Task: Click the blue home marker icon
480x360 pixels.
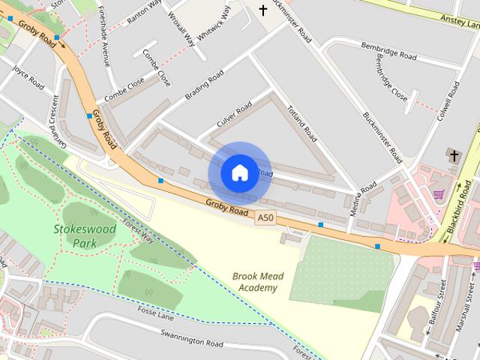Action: point(239,172)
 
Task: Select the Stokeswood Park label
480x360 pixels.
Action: point(74,235)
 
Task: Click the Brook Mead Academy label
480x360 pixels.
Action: point(258,282)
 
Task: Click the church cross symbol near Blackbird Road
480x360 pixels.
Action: point(453,155)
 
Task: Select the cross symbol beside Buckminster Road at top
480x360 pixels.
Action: point(263,10)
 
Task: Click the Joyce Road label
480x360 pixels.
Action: point(28,77)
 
